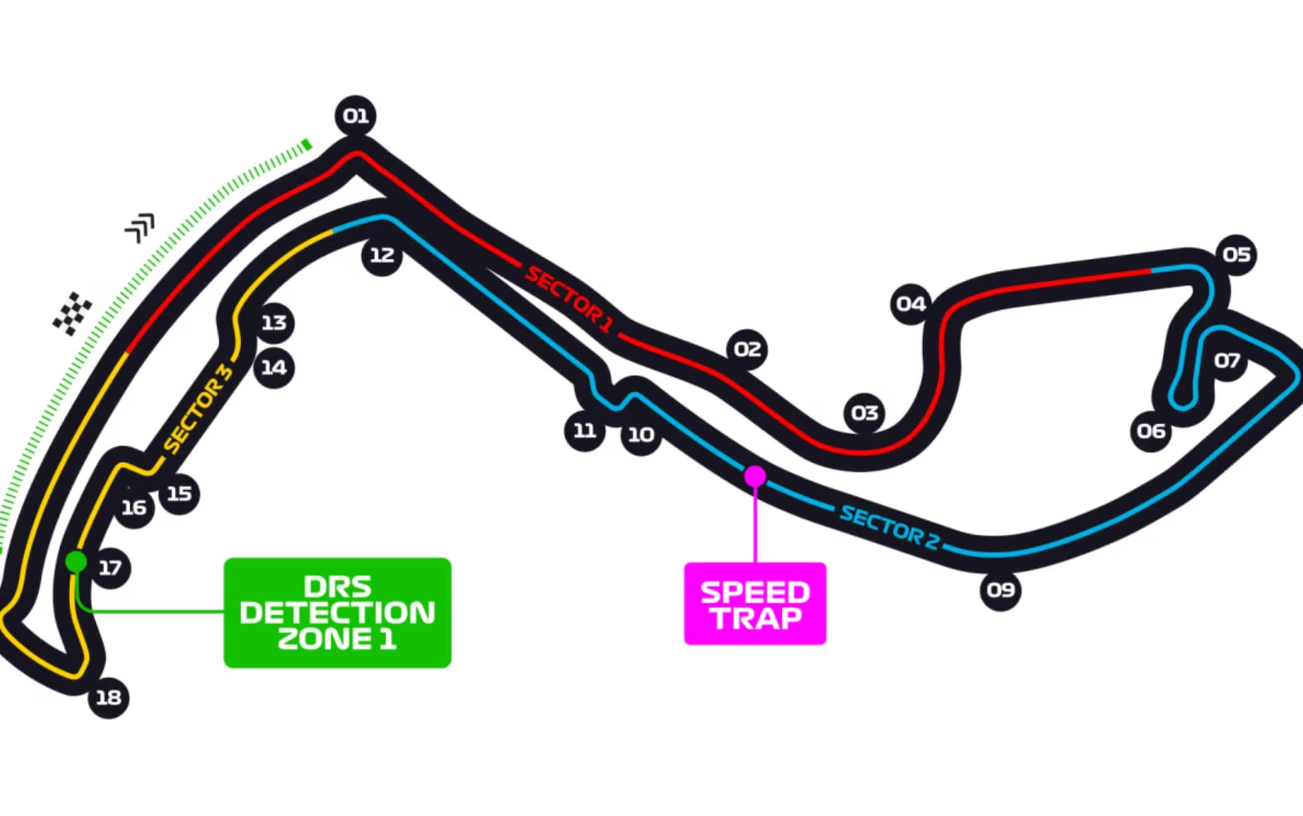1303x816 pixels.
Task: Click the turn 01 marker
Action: pos(355,116)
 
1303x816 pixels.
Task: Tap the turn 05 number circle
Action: pos(1236,254)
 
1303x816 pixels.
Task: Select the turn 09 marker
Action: pos(1000,590)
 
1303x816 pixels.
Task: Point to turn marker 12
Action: pos(382,255)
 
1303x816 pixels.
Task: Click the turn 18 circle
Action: pos(108,698)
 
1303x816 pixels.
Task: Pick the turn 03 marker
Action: pos(864,413)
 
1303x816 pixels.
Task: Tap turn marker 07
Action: pos(1227,360)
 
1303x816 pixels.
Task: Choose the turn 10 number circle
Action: pos(641,434)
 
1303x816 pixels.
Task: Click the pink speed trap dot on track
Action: pos(755,476)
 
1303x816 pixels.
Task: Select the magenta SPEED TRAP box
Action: pos(755,604)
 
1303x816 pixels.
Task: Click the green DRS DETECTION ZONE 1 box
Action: pos(338,613)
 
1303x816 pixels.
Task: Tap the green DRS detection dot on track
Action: pos(76,561)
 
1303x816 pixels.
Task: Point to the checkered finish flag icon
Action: pos(72,313)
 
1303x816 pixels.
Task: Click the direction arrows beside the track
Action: pos(140,228)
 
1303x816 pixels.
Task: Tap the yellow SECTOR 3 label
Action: pos(199,408)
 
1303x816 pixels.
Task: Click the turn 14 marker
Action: pos(274,367)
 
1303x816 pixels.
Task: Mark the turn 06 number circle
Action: pos(1151,431)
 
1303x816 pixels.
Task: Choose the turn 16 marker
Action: pos(134,508)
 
